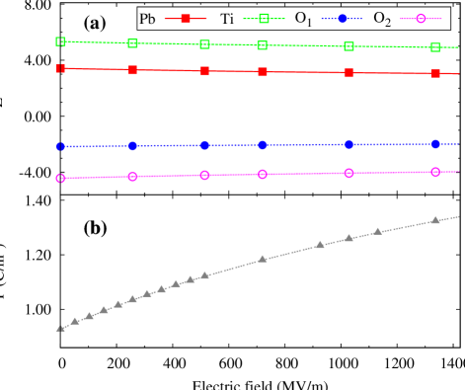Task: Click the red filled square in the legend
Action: [x=186, y=19]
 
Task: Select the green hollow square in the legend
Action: [x=264, y=19]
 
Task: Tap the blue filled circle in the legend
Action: [x=342, y=19]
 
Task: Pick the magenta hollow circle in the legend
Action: [x=421, y=19]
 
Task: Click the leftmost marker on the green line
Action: [x=60, y=41]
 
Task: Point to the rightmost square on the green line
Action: [x=435, y=47]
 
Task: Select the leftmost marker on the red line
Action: [x=60, y=68]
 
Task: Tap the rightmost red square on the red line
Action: [x=435, y=73]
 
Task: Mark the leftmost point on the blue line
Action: [x=60, y=146]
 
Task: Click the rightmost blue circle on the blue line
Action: [x=435, y=144]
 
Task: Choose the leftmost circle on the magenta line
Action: [x=60, y=178]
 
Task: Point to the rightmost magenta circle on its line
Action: [x=435, y=172]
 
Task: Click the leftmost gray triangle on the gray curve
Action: [x=60, y=328]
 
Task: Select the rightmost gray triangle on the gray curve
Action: [x=435, y=220]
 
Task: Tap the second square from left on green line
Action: [x=133, y=43]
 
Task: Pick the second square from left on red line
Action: [x=133, y=70]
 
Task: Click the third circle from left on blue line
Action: [x=205, y=145]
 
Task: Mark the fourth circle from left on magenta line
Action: [x=263, y=174]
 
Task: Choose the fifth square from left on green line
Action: [x=349, y=46]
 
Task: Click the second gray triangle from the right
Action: [x=377, y=232]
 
